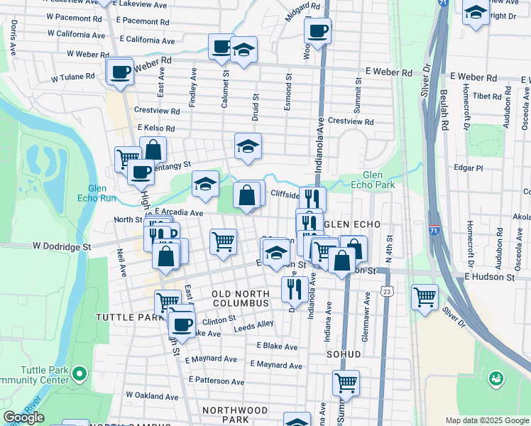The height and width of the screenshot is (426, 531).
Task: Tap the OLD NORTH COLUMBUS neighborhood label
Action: click(x=241, y=298)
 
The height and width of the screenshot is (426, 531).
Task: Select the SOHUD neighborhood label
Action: click(x=344, y=354)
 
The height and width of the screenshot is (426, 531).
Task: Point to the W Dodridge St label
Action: click(x=62, y=246)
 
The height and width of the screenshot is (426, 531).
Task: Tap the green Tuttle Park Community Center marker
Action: click(x=80, y=373)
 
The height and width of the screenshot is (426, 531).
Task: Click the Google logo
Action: click(x=23, y=417)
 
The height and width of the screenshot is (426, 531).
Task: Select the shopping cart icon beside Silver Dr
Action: click(x=425, y=297)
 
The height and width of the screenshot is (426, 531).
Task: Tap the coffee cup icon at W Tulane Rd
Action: click(x=120, y=72)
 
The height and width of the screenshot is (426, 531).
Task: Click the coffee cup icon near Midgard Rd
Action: click(x=317, y=31)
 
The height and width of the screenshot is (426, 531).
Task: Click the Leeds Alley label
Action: click(x=255, y=324)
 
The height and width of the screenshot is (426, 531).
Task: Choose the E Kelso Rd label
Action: click(x=156, y=128)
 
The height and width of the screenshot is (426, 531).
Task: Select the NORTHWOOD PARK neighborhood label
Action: click(x=235, y=415)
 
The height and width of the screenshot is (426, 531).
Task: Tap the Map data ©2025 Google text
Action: click(x=486, y=420)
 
